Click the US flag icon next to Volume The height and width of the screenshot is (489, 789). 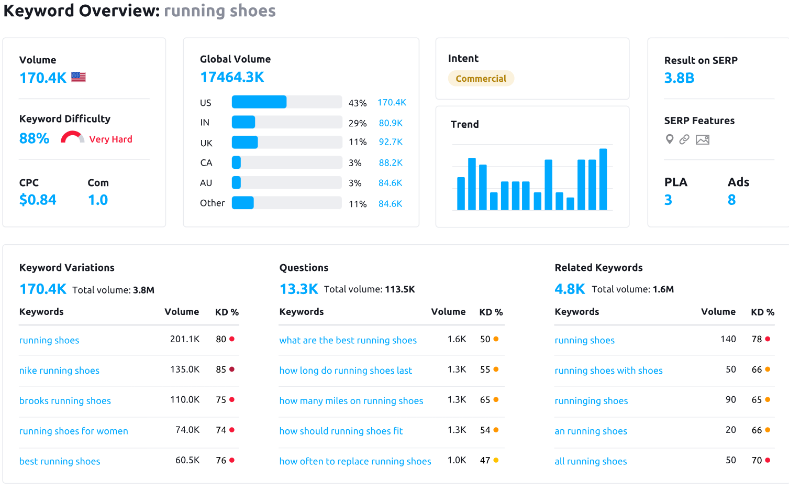tap(79, 77)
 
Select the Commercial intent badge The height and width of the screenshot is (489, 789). tap(481, 79)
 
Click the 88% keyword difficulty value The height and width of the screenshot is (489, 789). tap(34, 138)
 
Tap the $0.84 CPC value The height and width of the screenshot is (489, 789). tap(38, 200)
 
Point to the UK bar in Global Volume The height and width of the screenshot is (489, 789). tap(245, 142)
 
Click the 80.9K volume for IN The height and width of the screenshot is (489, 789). tap(391, 123)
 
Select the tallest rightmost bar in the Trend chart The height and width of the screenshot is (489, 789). tap(603, 179)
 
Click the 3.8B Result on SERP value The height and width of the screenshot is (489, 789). tap(679, 78)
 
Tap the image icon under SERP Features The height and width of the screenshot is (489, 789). tap(703, 139)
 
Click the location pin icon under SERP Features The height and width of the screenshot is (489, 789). tap(669, 139)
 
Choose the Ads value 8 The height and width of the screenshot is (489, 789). tap(731, 200)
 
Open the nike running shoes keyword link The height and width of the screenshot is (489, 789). tap(59, 371)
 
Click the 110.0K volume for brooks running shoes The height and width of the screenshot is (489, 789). tap(185, 400)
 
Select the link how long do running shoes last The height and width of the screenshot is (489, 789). tap(346, 371)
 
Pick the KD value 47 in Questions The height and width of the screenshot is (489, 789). tap(485, 460)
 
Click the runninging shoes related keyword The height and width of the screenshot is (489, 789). tap(591, 401)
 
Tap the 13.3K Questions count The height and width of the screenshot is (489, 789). tap(298, 289)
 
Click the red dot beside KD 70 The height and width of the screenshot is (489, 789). tap(768, 460)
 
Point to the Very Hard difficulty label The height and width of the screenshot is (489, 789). tap(110, 139)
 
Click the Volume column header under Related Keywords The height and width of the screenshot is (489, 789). tap(718, 312)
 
